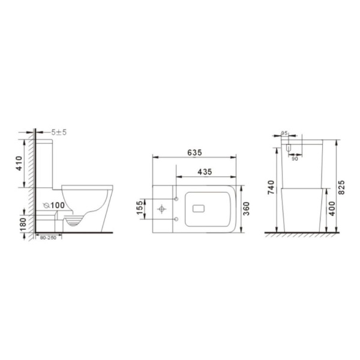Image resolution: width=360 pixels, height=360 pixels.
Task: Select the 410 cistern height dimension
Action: point(20,163)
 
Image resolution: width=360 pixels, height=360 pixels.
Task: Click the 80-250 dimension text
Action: point(49,238)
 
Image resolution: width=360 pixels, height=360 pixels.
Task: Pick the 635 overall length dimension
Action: point(194,152)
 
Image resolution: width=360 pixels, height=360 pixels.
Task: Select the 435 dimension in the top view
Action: point(205,172)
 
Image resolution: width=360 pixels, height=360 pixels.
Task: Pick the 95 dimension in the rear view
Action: point(284,134)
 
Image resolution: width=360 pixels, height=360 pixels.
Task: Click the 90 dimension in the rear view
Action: point(295,158)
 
